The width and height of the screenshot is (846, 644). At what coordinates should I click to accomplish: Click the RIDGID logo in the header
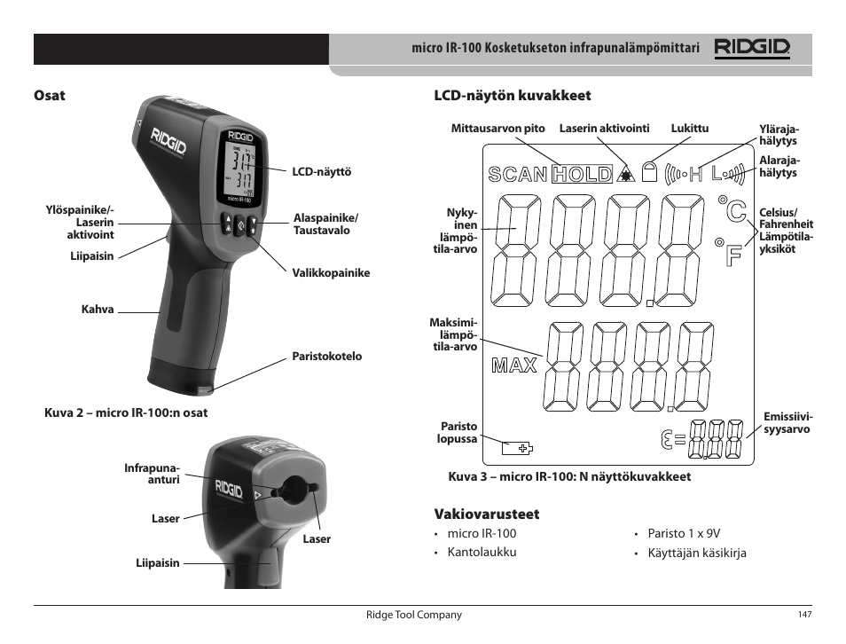point(752,48)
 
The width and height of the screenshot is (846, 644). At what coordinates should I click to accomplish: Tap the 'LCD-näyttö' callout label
point(322,172)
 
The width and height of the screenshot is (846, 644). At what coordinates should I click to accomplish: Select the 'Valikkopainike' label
point(331,273)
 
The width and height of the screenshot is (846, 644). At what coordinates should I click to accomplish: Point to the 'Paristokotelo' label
point(327,357)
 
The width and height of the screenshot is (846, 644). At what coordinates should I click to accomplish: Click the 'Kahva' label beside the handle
point(98,310)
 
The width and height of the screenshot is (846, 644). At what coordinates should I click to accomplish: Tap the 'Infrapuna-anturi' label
point(152,474)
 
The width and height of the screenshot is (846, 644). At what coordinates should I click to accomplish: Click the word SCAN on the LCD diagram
point(517,175)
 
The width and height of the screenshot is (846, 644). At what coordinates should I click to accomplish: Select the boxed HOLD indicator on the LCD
point(582,175)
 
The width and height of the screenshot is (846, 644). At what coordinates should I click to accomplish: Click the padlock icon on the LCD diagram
point(651,172)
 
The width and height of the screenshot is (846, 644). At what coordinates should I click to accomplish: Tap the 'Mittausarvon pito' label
point(497,129)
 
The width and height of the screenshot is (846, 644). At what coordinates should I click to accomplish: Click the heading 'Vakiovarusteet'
point(486,514)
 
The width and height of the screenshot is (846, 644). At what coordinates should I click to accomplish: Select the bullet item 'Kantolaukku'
point(482,553)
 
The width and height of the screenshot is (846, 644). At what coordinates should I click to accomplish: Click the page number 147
point(804,616)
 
